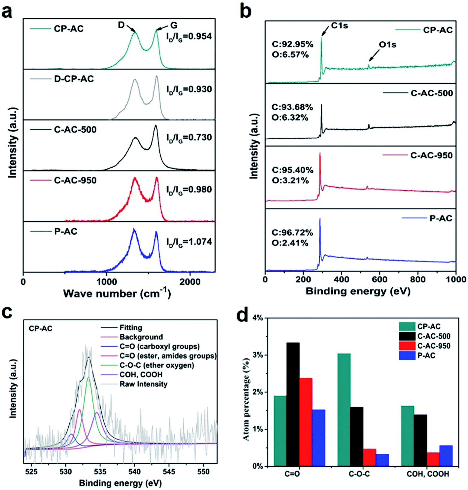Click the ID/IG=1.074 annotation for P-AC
[189, 242]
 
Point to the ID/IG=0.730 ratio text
[189, 138]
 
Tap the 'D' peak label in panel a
[121, 25]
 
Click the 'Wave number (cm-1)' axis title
[117, 294]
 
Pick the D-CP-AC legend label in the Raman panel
[74, 79]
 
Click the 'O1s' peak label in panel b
[387, 45]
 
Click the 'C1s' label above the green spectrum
[339, 26]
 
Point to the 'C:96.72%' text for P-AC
[292, 233]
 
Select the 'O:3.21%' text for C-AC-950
[290, 180]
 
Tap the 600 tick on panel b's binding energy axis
[380, 279]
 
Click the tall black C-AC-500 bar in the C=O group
[293, 404]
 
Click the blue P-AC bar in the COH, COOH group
[446, 456]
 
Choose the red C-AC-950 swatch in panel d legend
[407, 346]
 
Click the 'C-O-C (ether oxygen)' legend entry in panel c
[156, 365]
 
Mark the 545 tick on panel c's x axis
[169, 471]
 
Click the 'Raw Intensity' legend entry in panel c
[143, 384]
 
